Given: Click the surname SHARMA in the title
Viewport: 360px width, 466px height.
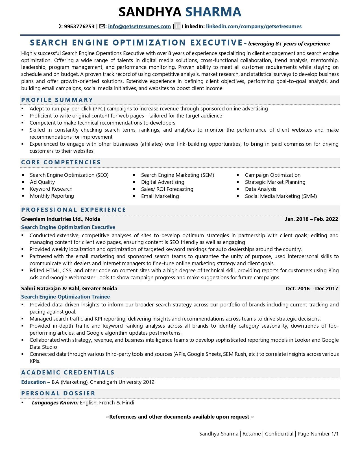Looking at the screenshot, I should click(213, 12).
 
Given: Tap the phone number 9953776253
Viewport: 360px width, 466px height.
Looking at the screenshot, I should click(79, 27).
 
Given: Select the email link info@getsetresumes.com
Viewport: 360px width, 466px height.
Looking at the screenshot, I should click(139, 27).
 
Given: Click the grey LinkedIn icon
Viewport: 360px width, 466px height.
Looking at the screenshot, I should click(177, 27).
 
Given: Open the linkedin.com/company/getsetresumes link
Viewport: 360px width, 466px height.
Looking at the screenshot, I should click(254, 27).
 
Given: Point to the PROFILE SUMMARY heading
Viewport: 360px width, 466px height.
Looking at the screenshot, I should click(57, 100).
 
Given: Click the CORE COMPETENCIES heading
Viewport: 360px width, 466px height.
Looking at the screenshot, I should click(61, 162).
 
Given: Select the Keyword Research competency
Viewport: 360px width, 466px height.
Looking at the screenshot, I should click(51, 189).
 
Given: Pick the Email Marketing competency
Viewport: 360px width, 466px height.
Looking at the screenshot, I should click(160, 196).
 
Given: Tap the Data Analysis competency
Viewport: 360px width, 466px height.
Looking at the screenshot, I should click(260, 189).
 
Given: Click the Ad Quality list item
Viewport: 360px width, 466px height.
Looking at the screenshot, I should click(42, 182).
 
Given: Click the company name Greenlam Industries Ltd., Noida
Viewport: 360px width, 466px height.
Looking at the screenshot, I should click(60, 219).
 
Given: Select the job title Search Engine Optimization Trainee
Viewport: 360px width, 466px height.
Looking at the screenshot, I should click(65, 297).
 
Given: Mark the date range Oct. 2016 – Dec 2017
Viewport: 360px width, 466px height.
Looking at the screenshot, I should click(312, 289).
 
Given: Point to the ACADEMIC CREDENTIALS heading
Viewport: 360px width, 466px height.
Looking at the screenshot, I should click(68, 373).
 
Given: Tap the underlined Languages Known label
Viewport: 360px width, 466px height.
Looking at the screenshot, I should click(55, 403).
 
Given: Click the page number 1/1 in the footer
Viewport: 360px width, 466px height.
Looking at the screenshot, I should click(335, 434).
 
